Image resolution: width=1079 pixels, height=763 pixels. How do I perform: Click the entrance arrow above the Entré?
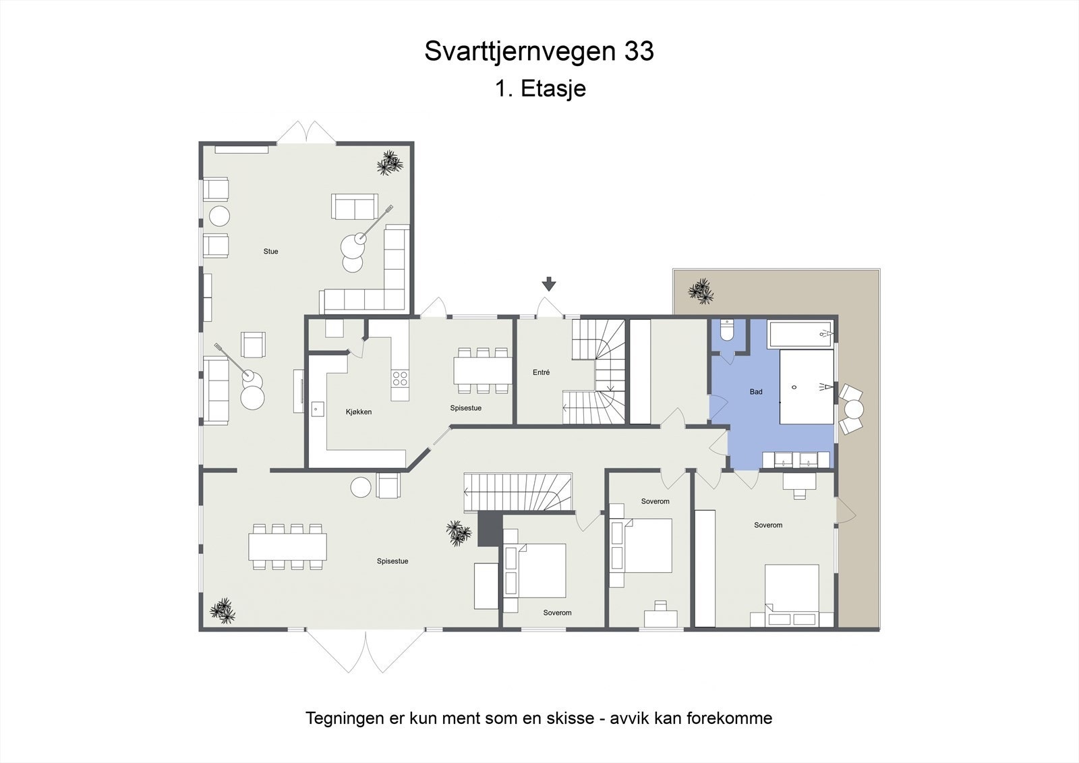[x=549, y=284]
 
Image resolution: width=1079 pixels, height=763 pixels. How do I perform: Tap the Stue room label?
[x=270, y=252]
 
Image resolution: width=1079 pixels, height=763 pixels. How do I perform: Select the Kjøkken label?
[x=359, y=412]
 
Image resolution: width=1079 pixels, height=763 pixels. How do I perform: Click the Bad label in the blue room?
[x=756, y=392]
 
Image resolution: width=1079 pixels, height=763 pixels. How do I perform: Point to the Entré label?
[x=542, y=372]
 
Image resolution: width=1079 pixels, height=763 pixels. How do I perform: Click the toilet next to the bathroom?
[x=727, y=331]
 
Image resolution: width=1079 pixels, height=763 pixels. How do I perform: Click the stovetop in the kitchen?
[x=400, y=378]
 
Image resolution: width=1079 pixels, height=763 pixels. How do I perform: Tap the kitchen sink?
[x=317, y=408]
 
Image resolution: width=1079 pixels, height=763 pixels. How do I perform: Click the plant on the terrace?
[x=700, y=291]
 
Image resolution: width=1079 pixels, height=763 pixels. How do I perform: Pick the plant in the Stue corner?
[x=389, y=163]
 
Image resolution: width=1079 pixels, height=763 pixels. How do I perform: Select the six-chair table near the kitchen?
[x=482, y=370]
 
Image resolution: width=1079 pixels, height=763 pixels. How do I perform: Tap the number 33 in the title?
[x=639, y=51]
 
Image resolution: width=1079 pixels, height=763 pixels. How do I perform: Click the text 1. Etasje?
[x=540, y=88]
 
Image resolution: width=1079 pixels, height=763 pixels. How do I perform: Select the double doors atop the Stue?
[x=306, y=132]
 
